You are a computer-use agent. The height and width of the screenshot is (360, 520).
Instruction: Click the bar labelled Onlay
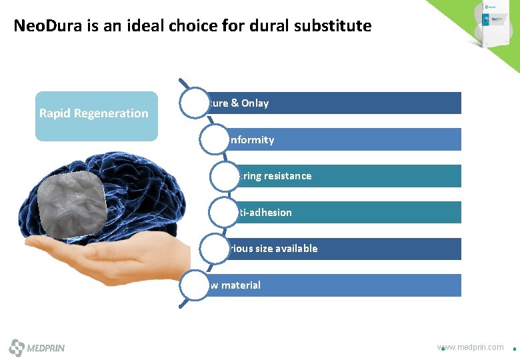(333, 103)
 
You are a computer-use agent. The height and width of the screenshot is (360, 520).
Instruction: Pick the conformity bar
(347, 139)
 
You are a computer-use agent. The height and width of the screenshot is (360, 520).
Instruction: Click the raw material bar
(333, 285)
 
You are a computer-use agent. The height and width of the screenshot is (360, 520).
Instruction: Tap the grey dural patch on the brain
(72, 205)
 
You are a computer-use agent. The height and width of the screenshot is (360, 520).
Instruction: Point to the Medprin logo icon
(17, 347)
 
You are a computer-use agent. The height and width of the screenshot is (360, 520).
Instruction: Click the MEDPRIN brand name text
(46, 348)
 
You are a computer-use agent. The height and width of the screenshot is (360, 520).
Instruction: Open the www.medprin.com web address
(471, 347)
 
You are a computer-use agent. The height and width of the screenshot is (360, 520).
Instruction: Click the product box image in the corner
(494, 23)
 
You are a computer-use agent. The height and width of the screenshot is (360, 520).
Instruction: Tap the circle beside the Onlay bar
(191, 103)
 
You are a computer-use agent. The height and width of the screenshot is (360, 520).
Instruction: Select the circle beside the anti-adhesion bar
(223, 212)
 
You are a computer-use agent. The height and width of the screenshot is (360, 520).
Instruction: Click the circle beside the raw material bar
(191, 285)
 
